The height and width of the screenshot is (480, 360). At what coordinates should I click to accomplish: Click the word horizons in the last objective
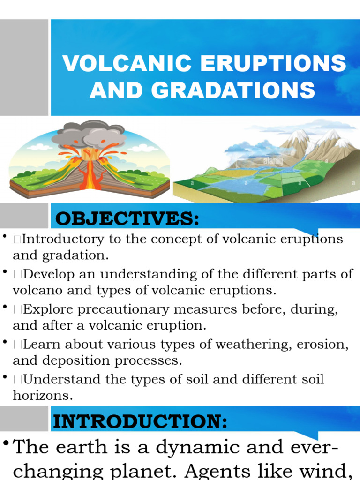pos(43,396)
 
